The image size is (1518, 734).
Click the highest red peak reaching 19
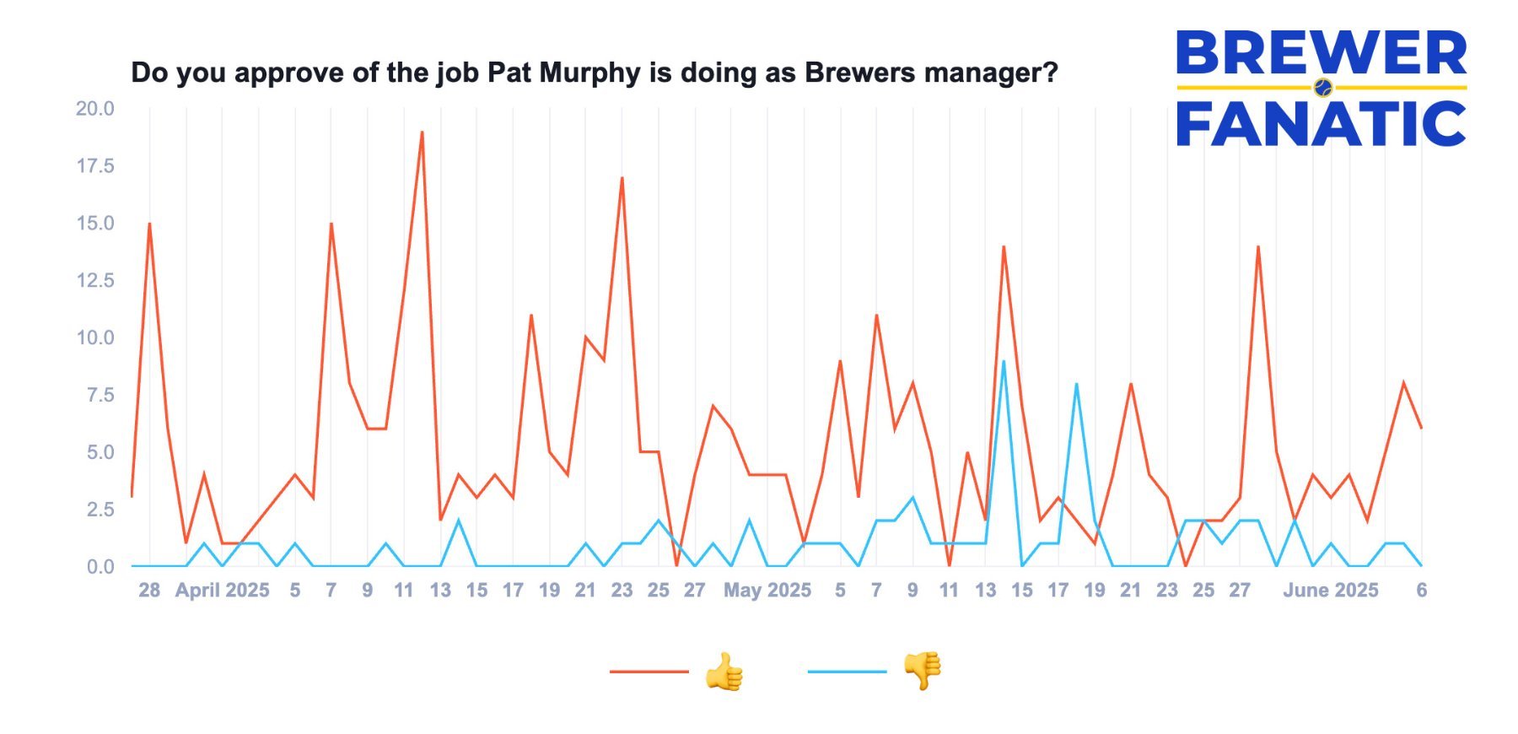422,132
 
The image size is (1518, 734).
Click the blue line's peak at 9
1004,361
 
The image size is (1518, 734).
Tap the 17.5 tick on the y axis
95,166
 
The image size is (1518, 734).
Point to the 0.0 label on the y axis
100,567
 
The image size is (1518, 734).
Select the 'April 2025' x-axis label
222,591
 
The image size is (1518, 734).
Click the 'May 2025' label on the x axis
767,591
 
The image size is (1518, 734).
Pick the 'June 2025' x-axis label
1330,591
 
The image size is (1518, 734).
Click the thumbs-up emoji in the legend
724,672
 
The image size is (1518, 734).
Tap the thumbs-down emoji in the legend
922,671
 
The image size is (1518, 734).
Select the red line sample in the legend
649,672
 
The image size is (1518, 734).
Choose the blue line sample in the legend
847,672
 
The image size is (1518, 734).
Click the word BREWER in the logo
1321,53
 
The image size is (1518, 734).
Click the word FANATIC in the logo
1321,124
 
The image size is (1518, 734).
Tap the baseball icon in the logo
1323,87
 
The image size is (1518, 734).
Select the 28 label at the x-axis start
149,591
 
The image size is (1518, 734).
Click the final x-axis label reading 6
1421,591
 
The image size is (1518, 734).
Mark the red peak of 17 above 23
622,178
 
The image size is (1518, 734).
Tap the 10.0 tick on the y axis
95,337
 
